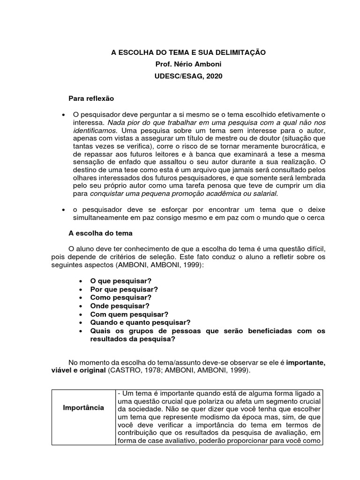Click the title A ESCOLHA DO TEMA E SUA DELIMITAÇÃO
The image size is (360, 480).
[x=188, y=53]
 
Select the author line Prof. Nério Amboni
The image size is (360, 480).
[x=188, y=64]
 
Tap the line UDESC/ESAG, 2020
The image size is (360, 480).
[x=188, y=76]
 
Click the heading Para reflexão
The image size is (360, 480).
[x=91, y=99]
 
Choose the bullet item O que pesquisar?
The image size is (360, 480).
[x=120, y=280]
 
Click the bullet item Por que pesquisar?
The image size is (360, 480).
[x=124, y=289]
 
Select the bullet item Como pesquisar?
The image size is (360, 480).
[x=120, y=297]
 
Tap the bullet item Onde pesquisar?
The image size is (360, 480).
[x=120, y=306]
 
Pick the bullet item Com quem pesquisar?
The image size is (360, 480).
[x=129, y=314]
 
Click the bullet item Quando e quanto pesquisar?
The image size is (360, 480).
[x=140, y=322]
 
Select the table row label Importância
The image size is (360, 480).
[x=83, y=407]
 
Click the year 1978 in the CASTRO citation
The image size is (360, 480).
[x=142, y=370]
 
